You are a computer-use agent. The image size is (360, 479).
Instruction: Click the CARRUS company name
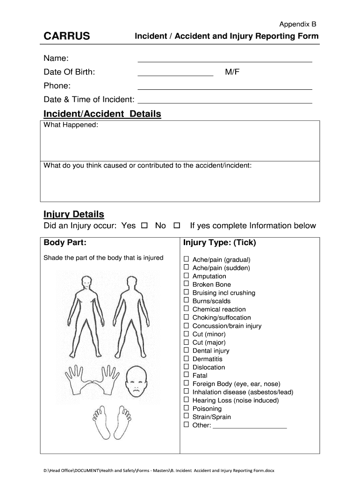point(67,36)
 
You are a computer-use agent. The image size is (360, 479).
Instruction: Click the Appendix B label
point(298,24)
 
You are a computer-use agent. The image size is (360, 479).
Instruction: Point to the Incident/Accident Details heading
point(102,114)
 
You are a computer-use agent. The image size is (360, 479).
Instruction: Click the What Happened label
point(71,125)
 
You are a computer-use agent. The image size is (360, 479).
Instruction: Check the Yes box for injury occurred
point(144,226)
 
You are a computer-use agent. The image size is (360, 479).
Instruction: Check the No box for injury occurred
point(177,226)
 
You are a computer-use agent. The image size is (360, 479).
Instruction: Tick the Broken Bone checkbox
point(186,284)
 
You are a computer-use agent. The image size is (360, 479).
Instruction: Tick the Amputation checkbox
point(186,276)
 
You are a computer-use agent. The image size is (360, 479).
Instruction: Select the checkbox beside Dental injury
point(186,350)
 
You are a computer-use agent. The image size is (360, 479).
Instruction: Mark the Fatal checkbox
point(186,375)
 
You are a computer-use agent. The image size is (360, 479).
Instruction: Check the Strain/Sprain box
point(186,416)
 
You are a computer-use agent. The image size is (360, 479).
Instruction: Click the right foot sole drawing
point(124,423)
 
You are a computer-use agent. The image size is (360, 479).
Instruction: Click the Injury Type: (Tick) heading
point(219,243)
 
